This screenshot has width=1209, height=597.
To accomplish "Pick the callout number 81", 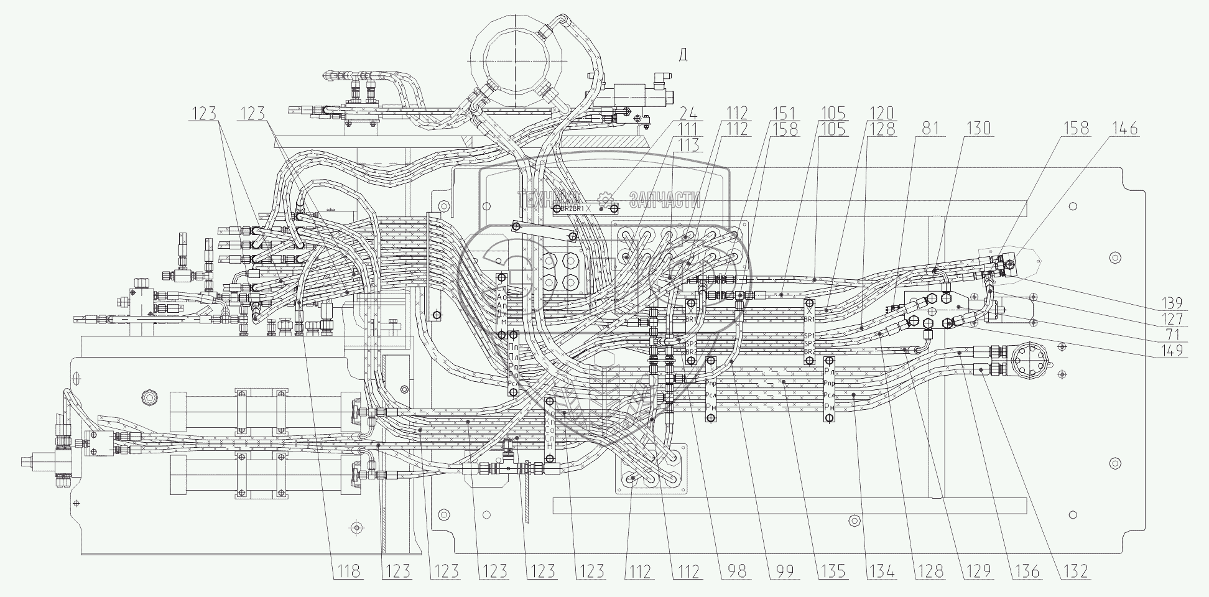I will click(x=930, y=129).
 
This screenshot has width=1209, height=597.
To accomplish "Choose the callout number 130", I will click(x=979, y=129).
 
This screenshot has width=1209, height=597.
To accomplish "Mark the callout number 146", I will click(x=1125, y=129).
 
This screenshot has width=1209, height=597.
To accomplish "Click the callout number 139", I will click(x=1173, y=303).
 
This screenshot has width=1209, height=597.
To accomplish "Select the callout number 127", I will click(x=1173, y=319).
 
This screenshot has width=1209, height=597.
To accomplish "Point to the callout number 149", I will click(x=1173, y=352).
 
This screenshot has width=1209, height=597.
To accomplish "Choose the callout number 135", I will click(x=833, y=572).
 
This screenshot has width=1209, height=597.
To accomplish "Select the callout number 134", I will click(x=882, y=572).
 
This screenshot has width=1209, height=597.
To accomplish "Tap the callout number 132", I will click(x=1076, y=572).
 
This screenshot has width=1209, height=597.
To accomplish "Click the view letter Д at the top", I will click(x=683, y=55).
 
